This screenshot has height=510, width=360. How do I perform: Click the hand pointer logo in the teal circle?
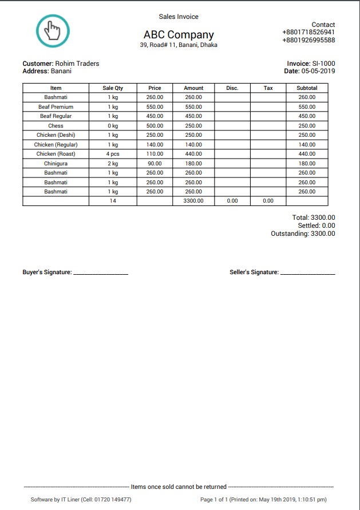tap(52, 30)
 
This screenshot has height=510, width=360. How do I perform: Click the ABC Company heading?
tap(179, 34)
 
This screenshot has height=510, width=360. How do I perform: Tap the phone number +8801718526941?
tap(308, 33)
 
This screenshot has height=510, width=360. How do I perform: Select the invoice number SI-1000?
tap(323, 64)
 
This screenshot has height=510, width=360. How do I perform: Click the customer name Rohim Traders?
tap(77, 64)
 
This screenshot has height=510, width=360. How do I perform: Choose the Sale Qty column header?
tap(113, 88)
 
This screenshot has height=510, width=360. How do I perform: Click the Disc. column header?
tap(232, 88)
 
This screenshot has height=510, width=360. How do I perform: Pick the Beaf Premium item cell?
tap(56, 107)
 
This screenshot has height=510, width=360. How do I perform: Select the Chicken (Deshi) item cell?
tap(56, 135)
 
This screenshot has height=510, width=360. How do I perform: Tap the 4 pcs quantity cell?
tap(113, 154)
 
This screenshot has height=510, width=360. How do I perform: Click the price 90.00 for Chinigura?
tap(155, 163)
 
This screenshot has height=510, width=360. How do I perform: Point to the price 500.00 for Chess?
tap(155, 126)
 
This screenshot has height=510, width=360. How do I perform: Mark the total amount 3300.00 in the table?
tap(193, 201)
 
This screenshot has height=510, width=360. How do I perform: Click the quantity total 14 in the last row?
tap(113, 201)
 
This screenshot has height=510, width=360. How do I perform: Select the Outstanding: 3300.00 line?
tap(303, 234)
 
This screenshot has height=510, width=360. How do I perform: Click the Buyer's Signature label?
tap(47, 272)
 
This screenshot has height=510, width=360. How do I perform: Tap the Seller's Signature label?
tap(254, 272)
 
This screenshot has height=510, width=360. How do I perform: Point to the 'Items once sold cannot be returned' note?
tap(179, 487)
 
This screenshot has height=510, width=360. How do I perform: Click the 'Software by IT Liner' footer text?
tap(81, 500)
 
